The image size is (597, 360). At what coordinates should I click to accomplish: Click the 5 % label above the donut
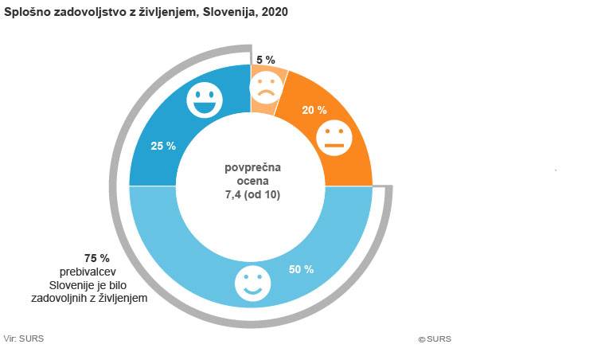(265, 60)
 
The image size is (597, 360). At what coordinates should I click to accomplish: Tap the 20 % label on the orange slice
(314, 111)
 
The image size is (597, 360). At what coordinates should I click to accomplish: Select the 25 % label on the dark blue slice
(163, 146)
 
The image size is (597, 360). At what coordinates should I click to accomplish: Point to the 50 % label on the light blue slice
(301, 269)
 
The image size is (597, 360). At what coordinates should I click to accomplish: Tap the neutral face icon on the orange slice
(334, 137)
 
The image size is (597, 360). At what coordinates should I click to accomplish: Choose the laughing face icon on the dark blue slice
(205, 100)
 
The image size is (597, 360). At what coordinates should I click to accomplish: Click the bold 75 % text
(96, 258)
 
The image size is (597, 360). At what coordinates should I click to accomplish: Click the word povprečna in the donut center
(253, 168)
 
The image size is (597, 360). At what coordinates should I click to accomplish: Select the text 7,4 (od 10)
(253, 194)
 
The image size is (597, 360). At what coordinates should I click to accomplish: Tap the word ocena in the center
(253, 182)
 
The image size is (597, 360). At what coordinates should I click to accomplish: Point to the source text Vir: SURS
(24, 338)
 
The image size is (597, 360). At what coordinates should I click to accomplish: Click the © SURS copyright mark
(435, 338)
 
